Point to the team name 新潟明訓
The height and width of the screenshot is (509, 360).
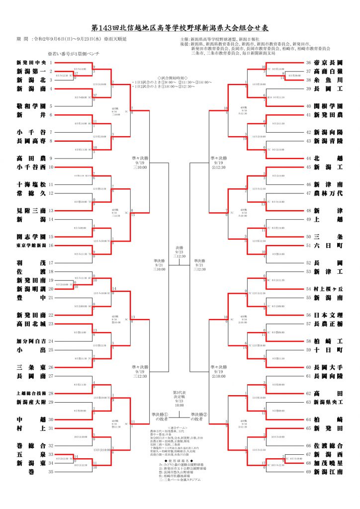tap(31, 289)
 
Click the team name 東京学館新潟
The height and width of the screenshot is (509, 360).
tap(31, 246)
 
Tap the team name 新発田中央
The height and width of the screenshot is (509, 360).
tap(31, 63)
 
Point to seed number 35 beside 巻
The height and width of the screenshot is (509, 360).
tap(51, 472)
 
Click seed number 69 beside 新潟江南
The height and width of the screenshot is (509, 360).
tap(309, 472)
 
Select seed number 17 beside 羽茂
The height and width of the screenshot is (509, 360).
tap(51, 263)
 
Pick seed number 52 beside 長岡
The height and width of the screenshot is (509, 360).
tap(309, 263)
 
